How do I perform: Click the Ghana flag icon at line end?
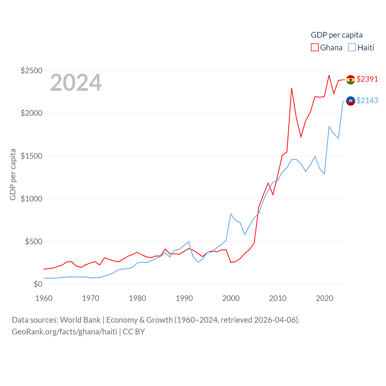click(x=350, y=80)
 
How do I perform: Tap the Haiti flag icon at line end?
click(x=350, y=101)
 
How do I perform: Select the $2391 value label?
click(x=367, y=79)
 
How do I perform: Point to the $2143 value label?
click(x=367, y=100)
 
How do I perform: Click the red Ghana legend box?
click(x=315, y=48)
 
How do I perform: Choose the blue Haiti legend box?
click(x=352, y=48)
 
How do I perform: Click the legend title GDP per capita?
click(x=337, y=35)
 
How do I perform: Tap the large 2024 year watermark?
click(x=76, y=83)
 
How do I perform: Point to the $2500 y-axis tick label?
click(x=31, y=71)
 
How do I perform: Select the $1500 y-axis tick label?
click(x=31, y=156)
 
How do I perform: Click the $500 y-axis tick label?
click(x=33, y=242)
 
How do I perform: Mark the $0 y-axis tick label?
click(x=38, y=284)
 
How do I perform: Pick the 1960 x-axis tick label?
click(x=44, y=298)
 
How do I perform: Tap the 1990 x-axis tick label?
click(x=184, y=298)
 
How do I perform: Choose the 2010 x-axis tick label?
click(x=277, y=298)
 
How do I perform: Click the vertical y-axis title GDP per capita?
click(x=13, y=174)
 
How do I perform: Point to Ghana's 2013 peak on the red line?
click(x=292, y=88)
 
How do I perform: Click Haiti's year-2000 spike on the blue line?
click(x=231, y=214)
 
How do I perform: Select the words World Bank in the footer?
click(x=80, y=320)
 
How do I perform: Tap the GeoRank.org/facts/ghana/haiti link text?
click(x=65, y=332)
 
